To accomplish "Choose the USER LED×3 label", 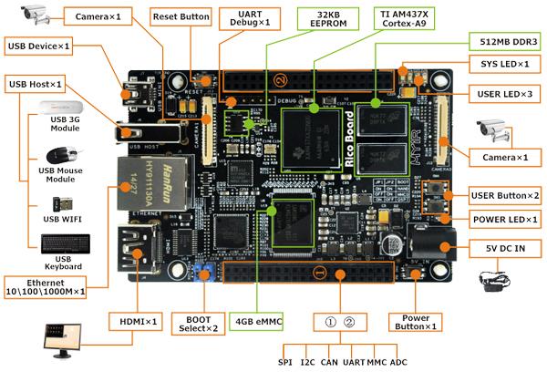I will pyautogui.click(x=504, y=94).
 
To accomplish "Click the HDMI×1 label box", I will pyautogui.click(x=139, y=321).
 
